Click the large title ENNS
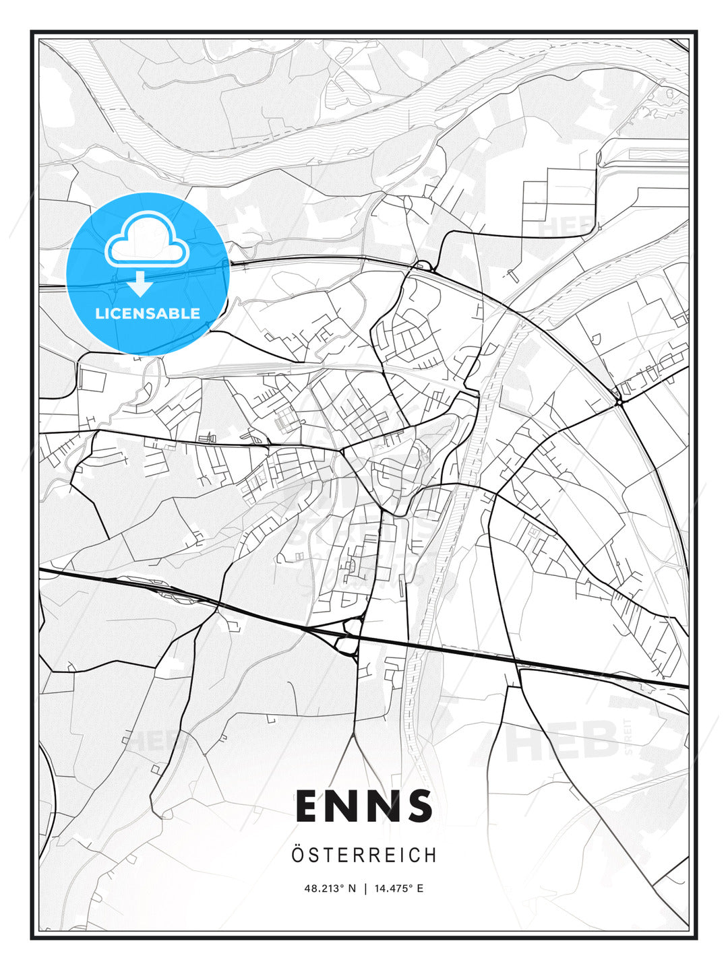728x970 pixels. pos(364,806)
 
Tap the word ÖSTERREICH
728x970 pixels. pos(364,855)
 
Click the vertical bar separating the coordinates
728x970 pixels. pos(365,888)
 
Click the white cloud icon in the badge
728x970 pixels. pos(146,240)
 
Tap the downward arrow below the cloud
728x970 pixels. pos(140,284)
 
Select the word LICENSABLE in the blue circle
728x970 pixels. pos(148,313)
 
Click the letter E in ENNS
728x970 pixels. pos(309,806)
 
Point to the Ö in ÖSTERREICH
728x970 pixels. pos(297,855)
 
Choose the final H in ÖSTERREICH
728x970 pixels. pos(431,855)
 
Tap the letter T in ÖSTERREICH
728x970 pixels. pos(326,855)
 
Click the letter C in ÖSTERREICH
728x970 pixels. pos(416,855)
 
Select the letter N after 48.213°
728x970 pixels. pos(351,888)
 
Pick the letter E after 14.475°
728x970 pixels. pos(420,888)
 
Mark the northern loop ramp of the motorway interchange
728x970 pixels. pos(351,628)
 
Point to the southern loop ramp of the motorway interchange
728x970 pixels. pos(345,647)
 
